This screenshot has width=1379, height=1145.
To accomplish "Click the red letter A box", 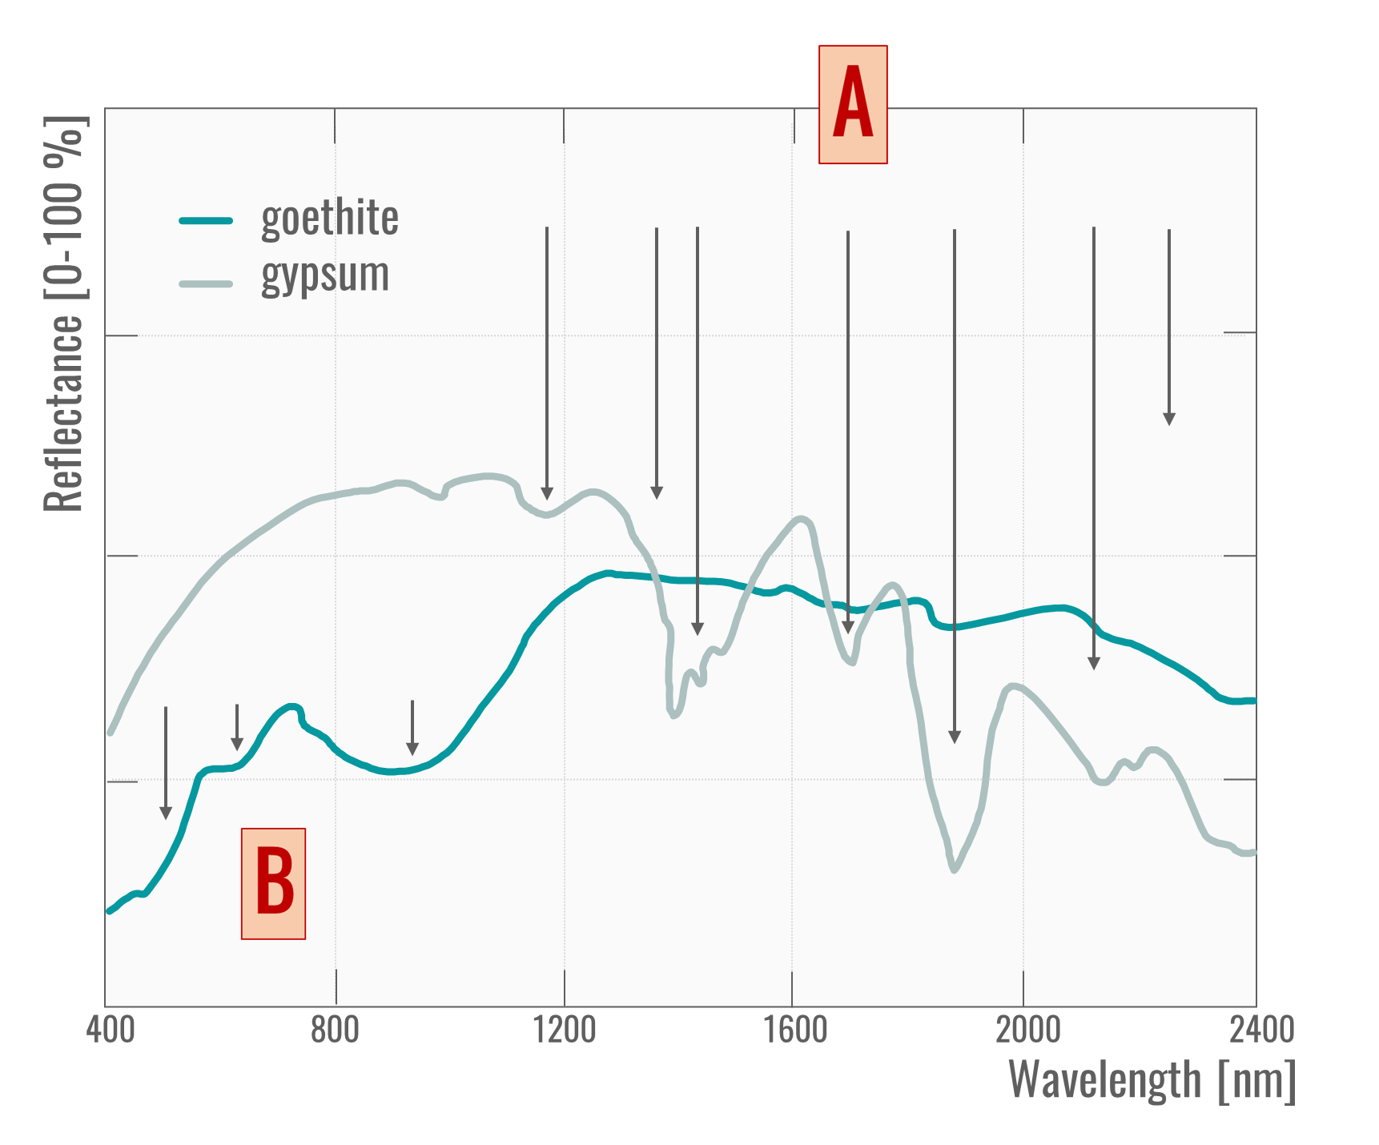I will click(853, 105).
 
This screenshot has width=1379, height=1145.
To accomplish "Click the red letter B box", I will click(273, 883).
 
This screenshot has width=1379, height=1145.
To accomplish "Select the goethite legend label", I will click(330, 218).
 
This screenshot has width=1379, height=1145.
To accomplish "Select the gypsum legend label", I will click(325, 275).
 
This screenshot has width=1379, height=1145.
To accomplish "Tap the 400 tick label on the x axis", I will click(110, 1030).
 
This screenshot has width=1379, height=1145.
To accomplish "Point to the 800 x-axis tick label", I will click(335, 1030).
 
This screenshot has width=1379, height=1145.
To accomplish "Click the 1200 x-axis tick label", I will click(565, 1030).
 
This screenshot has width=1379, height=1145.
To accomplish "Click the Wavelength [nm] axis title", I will click(1152, 1080).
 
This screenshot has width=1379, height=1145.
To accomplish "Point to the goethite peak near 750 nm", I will click(292, 706).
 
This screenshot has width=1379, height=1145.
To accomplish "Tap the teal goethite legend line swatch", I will click(206, 220).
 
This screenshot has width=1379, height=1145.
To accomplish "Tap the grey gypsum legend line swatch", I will click(206, 283).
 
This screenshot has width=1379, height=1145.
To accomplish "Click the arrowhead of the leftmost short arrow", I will click(166, 814).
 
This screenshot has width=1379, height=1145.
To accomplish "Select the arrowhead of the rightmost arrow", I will click(1169, 419).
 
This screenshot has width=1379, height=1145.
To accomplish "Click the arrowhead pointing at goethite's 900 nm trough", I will click(412, 749).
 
